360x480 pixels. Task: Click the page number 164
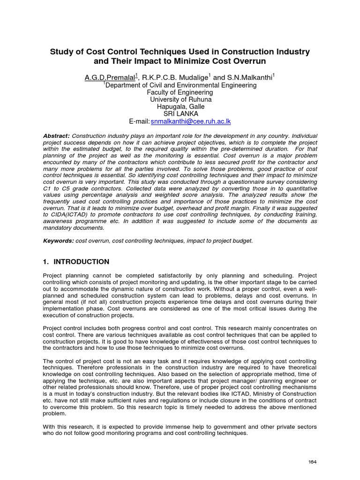(x=312, y=462)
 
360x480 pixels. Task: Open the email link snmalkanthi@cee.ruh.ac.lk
(x=190, y=121)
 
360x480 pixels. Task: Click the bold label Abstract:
(x=57, y=135)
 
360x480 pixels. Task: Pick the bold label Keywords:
(x=58, y=240)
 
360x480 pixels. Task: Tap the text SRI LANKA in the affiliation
(x=180, y=114)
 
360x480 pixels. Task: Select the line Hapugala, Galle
(x=180, y=107)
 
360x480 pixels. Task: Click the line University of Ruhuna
(x=180, y=100)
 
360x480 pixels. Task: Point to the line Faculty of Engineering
(x=180, y=93)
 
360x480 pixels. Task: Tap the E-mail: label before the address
(x=135, y=121)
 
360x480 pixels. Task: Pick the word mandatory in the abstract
(x=58, y=227)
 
